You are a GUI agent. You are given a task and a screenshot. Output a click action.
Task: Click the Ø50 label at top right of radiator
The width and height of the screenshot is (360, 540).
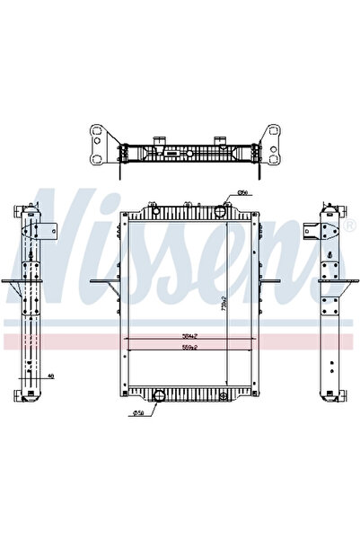point(241,193)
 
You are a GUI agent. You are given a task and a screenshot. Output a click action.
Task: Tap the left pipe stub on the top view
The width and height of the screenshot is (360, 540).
point(159,139)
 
